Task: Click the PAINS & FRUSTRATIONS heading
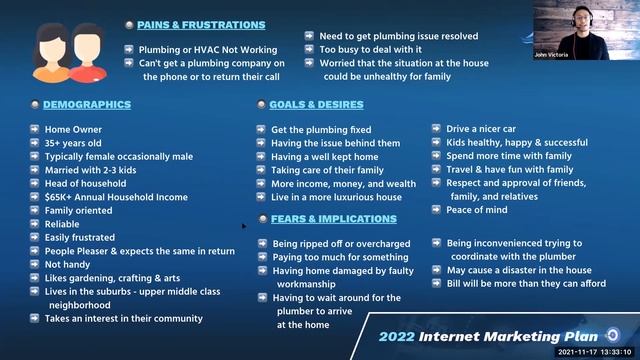(201, 25)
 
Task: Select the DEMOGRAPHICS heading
(87, 105)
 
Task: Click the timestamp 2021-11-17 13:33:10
(597, 352)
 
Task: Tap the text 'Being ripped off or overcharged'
(347, 244)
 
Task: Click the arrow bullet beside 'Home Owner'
(34, 130)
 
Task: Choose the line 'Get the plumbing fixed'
(321, 130)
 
